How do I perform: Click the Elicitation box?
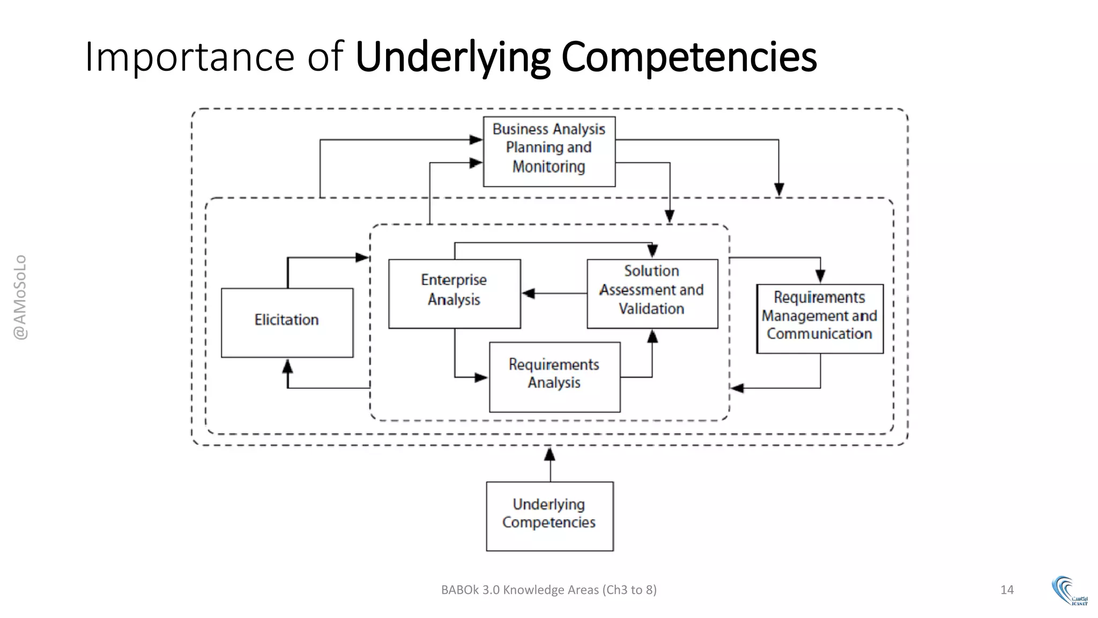(x=287, y=322)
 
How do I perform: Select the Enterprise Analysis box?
(x=454, y=293)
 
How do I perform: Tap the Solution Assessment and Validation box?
(x=652, y=293)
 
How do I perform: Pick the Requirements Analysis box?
(x=554, y=377)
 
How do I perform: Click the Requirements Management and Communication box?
(x=819, y=318)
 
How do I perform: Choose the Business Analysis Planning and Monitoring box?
(x=549, y=151)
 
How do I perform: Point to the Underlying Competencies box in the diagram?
(x=550, y=516)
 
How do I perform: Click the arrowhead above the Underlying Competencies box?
(x=550, y=455)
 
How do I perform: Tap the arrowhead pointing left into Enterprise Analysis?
(x=529, y=293)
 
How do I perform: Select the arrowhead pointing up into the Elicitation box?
(x=288, y=366)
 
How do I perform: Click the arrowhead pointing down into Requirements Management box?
(x=820, y=276)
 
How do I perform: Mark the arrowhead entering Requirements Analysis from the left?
(x=481, y=377)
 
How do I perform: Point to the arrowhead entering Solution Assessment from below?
(x=652, y=337)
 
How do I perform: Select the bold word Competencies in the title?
(x=689, y=56)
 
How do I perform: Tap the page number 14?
(x=1007, y=590)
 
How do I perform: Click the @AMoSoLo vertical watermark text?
(x=20, y=297)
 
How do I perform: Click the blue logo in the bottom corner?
(x=1069, y=591)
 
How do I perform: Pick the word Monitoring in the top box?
(x=548, y=166)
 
